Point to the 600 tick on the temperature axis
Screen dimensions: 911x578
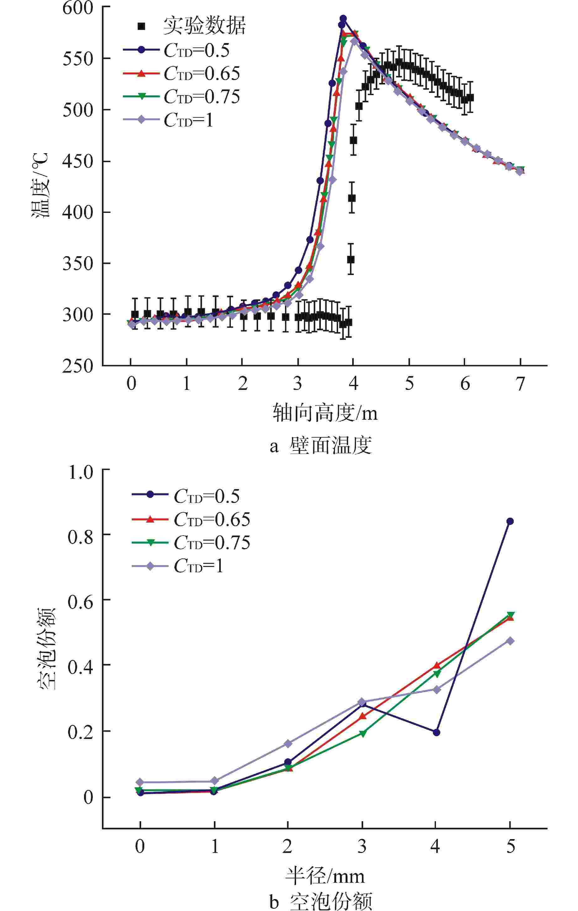(x=77, y=8)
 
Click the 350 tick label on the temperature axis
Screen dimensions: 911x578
(x=77, y=264)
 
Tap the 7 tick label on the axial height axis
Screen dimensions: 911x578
(x=521, y=384)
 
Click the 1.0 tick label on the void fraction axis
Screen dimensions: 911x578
(x=80, y=472)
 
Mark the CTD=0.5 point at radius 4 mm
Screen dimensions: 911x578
(x=436, y=732)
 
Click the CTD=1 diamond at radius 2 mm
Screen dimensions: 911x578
(x=288, y=744)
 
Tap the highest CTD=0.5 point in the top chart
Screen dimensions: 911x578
(x=343, y=19)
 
